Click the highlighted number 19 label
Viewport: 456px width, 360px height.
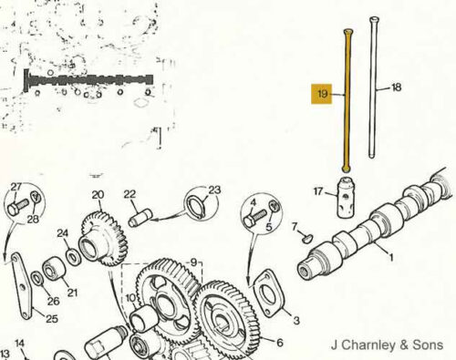(322, 94)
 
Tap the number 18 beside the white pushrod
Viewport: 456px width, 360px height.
(397, 87)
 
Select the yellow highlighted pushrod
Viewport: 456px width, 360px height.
(347, 100)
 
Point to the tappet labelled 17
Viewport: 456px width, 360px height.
(346, 198)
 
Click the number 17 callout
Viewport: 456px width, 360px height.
(318, 191)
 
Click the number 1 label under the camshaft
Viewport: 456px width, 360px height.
(391, 258)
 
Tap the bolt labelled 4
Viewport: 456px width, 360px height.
(254, 218)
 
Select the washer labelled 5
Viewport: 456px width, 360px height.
(275, 207)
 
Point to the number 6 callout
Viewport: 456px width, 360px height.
(280, 343)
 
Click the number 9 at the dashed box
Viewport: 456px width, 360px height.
(193, 262)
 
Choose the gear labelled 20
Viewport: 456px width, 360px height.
(103, 239)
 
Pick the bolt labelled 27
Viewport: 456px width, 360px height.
(18, 207)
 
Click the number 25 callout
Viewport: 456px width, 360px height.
(52, 318)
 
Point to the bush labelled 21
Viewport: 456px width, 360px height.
(54, 269)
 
